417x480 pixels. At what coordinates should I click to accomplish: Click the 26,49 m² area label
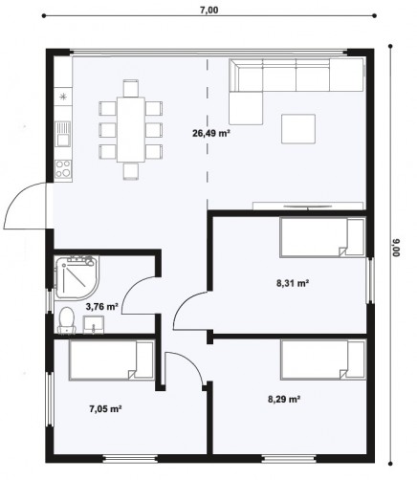211,133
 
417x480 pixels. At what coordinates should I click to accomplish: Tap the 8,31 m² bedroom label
293,283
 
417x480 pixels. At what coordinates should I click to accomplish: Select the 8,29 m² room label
284,399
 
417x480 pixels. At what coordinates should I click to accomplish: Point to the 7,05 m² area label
105,408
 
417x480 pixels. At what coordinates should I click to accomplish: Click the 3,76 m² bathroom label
102,307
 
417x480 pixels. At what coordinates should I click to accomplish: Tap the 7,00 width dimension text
208,10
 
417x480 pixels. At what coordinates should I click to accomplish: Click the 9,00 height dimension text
396,248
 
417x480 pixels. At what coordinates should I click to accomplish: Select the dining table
131,129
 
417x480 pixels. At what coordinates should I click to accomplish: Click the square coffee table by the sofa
298,129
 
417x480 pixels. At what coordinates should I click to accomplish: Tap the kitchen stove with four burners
63,168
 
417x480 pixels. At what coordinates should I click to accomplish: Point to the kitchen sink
62,134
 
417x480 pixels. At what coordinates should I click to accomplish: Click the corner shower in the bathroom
77,276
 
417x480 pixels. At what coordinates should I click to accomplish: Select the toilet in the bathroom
66,320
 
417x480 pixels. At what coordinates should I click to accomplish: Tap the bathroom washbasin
94,324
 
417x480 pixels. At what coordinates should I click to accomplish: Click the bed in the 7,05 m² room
111,360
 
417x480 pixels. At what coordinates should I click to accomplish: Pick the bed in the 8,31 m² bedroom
322,237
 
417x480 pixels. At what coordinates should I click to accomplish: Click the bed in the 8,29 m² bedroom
323,360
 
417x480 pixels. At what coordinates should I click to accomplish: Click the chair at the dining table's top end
131,88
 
